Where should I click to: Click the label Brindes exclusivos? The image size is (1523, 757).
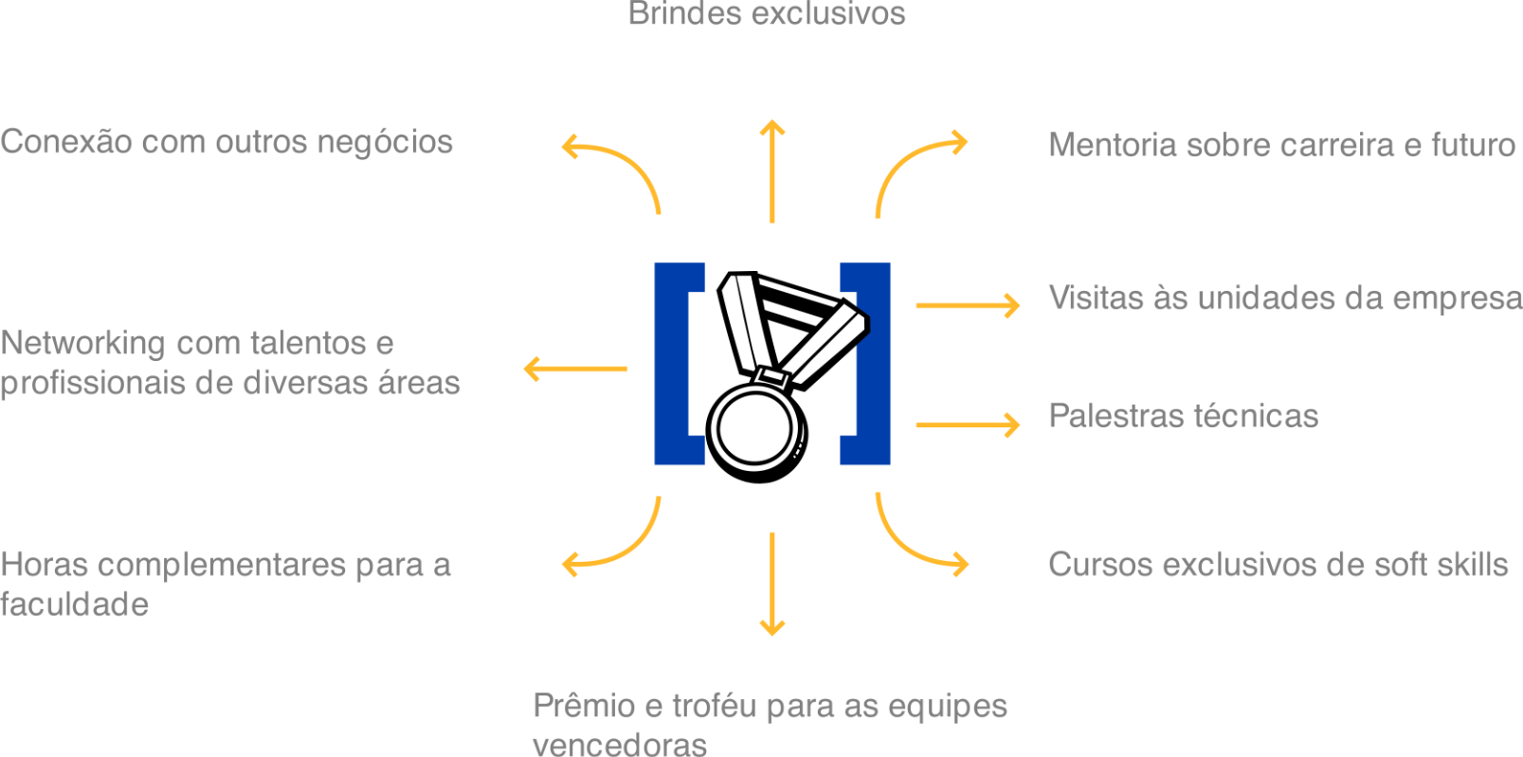767,13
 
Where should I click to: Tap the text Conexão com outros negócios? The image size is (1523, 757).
227,142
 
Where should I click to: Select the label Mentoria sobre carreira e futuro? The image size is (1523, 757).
1282,145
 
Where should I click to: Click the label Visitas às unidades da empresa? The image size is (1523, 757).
1284,298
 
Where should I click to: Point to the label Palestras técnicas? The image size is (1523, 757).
1183,416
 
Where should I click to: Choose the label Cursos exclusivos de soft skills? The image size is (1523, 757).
1278,565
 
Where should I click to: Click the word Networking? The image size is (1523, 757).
82,343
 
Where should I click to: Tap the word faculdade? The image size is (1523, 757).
75,604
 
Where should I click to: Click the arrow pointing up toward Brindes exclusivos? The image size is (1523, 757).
772,171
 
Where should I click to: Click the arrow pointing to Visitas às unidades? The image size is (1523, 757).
967,305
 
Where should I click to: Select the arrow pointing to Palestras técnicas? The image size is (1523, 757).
967,424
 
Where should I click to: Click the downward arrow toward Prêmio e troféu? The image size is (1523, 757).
772,583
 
